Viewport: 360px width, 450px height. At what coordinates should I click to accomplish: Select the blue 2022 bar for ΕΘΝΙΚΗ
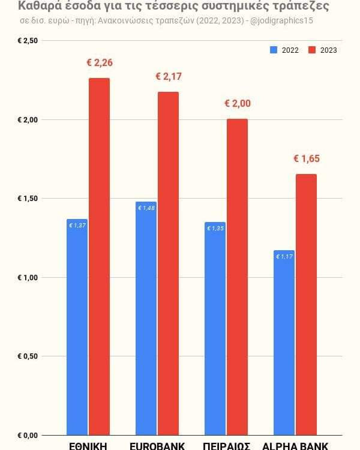pos(77,327)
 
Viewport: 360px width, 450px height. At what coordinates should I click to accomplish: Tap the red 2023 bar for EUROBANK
pos(168,263)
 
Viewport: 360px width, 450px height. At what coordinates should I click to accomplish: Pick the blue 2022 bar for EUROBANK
pos(146,318)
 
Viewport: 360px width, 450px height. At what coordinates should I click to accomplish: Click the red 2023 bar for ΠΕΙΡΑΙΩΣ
pos(237,277)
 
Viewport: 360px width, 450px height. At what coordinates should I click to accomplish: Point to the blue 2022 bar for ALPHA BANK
pos(284,343)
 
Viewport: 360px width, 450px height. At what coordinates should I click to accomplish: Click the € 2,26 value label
pos(100,62)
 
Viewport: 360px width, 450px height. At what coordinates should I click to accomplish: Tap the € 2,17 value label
pos(168,76)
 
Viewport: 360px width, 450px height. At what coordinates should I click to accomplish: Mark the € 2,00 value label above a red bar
pos(237,103)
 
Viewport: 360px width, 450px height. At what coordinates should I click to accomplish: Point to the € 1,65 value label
pos(306,158)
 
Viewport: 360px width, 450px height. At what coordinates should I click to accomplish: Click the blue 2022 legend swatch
pos(274,50)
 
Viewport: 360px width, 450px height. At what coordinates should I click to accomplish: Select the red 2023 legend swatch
pos(312,50)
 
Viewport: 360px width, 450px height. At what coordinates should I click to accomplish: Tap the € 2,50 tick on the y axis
pos(28,41)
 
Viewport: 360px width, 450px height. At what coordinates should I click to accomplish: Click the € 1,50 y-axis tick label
pos(28,199)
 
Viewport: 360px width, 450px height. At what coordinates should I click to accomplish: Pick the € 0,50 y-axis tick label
pos(28,356)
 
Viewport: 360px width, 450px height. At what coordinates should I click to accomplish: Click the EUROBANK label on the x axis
pos(157,445)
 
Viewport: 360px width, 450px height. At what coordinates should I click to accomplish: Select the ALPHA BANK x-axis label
pos(295,445)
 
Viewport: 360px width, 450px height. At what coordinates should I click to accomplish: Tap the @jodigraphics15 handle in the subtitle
pos(283,20)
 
